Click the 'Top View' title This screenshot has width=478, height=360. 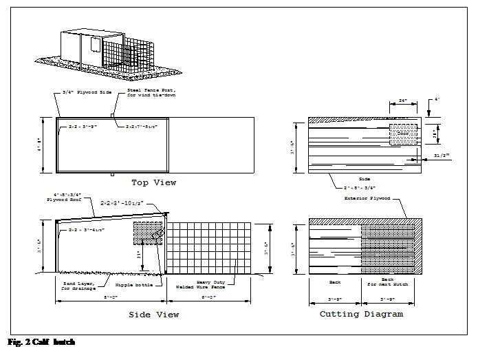(x=153, y=182)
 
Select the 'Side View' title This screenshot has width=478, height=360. (x=153, y=315)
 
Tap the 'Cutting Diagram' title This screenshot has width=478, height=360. (x=361, y=314)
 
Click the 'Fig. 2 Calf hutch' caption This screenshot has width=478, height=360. (x=41, y=342)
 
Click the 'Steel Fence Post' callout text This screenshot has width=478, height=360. (x=151, y=92)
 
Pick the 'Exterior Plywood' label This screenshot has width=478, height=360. (x=367, y=199)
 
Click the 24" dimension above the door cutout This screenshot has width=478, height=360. (x=403, y=101)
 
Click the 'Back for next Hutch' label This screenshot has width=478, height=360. (x=387, y=282)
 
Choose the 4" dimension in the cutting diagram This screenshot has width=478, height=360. (x=437, y=100)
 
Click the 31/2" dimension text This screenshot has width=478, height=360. (x=442, y=155)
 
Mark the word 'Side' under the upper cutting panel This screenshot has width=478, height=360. (x=365, y=178)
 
